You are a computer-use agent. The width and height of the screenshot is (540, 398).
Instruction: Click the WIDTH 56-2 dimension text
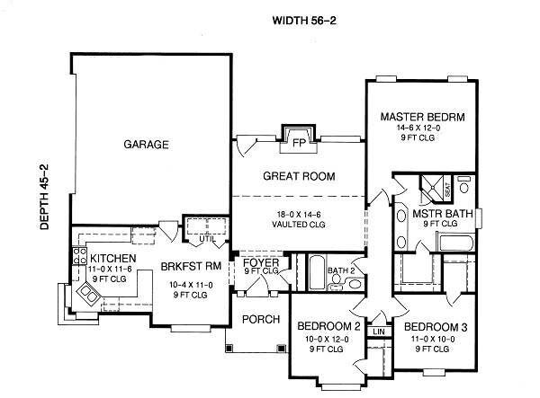301,18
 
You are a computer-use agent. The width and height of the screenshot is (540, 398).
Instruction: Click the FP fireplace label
296,140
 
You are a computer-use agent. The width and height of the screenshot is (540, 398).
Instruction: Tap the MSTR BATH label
436,215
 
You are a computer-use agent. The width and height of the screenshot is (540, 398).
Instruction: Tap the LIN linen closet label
379,332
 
